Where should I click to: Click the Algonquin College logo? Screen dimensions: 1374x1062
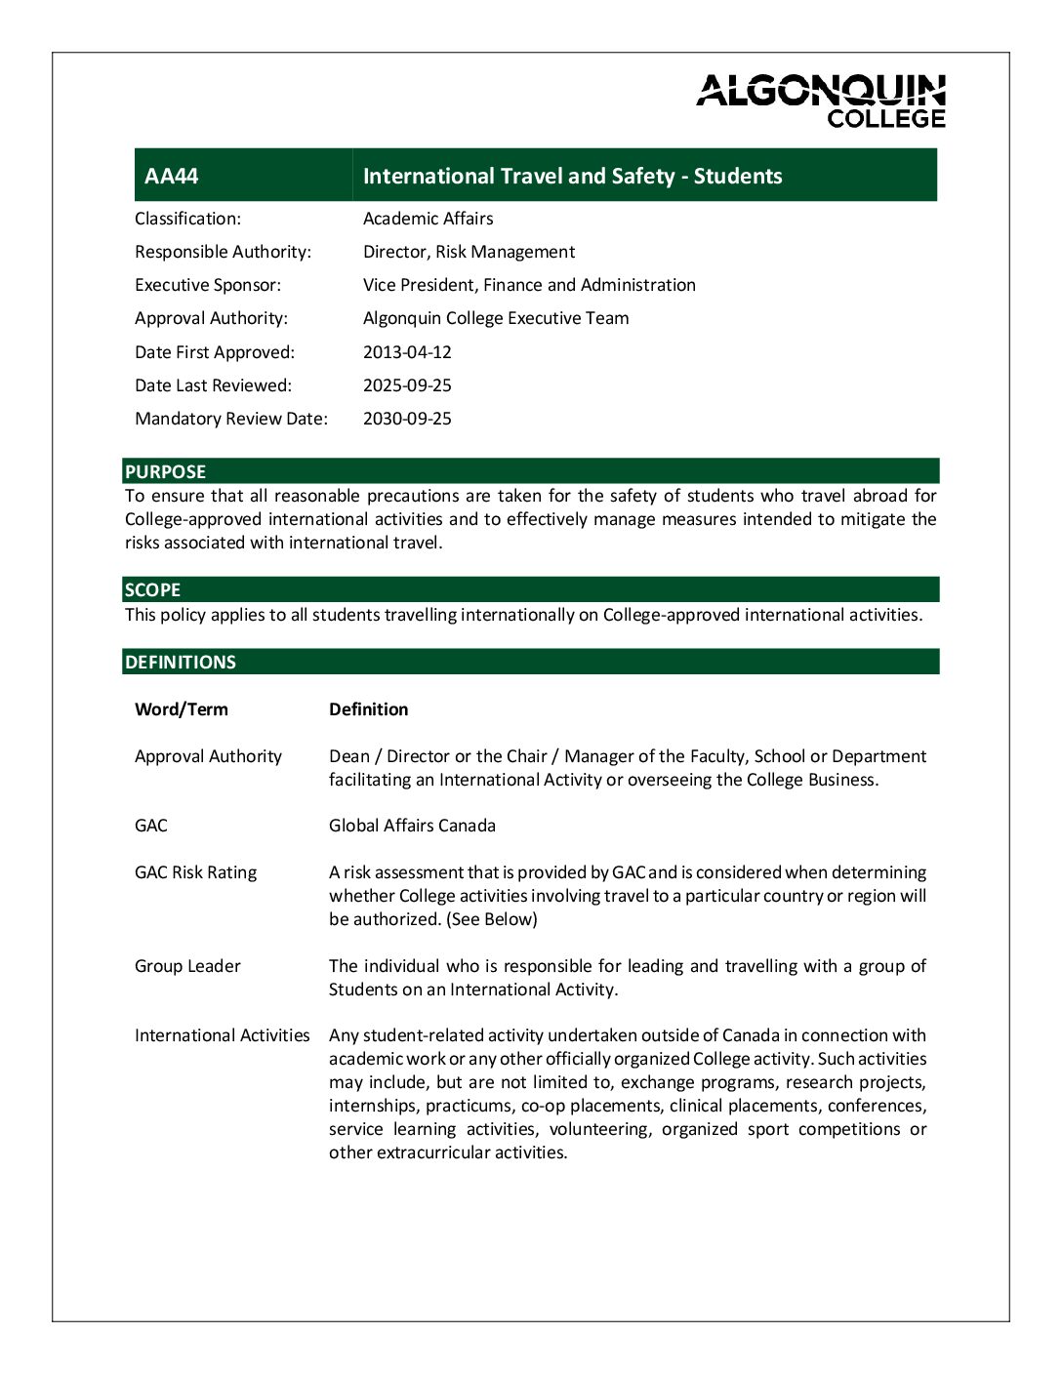click(821, 101)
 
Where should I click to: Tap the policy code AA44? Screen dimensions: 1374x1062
click(172, 177)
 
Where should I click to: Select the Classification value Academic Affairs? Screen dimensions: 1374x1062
click(428, 219)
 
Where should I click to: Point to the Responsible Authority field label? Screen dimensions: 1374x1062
click(223, 252)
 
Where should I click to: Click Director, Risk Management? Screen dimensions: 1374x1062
click(469, 252)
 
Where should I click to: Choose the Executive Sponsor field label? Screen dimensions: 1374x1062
click(208, 285)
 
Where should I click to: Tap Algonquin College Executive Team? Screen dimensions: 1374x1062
click(496, 318)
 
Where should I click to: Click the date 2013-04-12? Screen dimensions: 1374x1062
click(407, 352)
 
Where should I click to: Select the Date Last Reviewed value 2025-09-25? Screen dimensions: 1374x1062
click(407, 385)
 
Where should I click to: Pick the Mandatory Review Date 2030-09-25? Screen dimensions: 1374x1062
click(407, 419)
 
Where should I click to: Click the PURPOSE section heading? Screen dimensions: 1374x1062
click(165, 472)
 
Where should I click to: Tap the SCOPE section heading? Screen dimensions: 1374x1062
click(152, 590)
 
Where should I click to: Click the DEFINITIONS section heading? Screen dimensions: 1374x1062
click(181, 663)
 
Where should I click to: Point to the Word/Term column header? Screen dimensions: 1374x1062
click(182, 709)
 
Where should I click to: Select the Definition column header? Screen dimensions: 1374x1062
click(368, 709)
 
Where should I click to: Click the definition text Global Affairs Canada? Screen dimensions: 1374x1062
click(412, 826)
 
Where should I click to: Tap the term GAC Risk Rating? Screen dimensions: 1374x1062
click(195, 872)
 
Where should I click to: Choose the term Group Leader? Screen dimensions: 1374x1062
click(187, 966)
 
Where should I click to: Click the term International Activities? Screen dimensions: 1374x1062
click(222, 1035)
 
